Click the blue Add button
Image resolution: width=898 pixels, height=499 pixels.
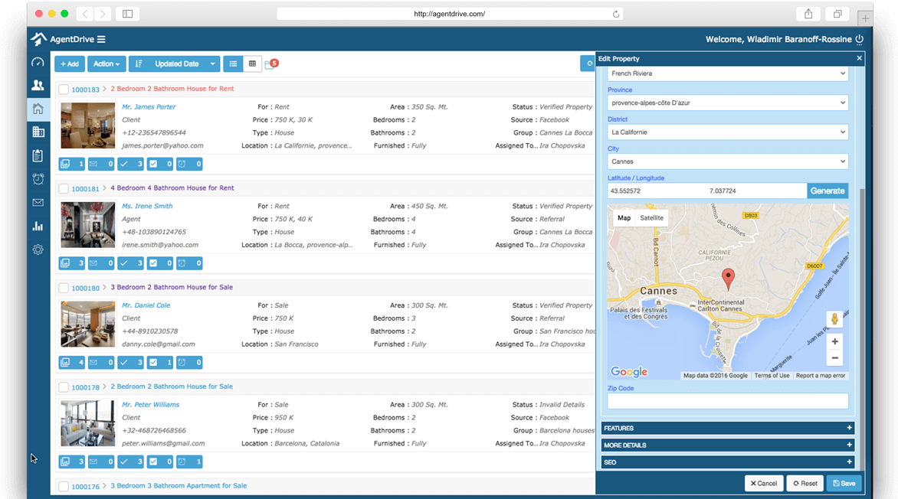coord(69,64)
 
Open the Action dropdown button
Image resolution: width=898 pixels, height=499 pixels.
coord(107,64)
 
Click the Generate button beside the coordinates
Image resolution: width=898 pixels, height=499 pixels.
coord(828,191)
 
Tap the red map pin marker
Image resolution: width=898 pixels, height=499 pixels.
coord(729,278)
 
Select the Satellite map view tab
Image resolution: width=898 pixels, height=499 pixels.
coord(652,218)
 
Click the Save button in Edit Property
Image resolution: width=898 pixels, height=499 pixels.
coord(844,484)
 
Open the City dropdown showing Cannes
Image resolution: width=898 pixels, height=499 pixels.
coord(728,161)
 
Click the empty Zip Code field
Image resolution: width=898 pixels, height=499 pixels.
coord(728,401)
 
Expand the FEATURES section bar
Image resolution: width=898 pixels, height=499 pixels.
coord(728,428)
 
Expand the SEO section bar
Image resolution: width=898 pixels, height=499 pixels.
coord(728,462)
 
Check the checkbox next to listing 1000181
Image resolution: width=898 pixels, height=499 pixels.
coord(64,188)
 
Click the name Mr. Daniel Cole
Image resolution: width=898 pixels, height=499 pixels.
coord(146,305)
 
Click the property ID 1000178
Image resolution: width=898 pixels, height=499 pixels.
coord(85,387)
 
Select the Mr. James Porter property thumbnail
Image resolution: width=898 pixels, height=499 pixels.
coord(88,126)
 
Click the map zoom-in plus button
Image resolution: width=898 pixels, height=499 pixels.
coord(835,341)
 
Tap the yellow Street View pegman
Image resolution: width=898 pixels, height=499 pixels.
coord(835,319)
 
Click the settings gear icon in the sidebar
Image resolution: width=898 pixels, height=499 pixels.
coord(38,249)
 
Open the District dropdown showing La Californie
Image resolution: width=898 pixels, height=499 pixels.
coord(728,132)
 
